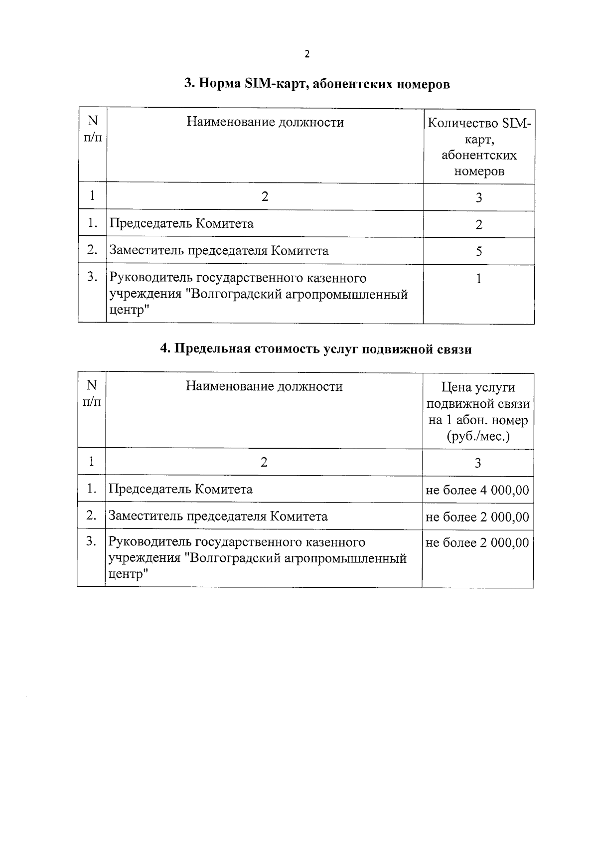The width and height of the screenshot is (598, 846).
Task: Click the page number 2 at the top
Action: pyautogui.click(x=307, y=54)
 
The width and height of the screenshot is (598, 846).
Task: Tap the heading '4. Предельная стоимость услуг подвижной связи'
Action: pyautogui.click(x=315, y=349)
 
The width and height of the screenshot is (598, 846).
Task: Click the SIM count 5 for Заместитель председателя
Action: pyautogui.click(x=478, y=251)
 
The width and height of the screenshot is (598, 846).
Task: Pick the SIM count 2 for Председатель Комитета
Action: pyautogui.click(x=478, y=224)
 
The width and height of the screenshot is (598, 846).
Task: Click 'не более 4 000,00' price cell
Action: pyautogui.click(x=477, y=490)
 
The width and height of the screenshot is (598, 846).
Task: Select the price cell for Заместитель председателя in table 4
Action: pyautogui.click(x=477, y=517)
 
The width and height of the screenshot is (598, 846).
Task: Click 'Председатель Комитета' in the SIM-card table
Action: pyautogui.click(x=181, y=223)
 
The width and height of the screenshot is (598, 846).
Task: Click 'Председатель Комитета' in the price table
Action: pyautogui.click(x=180, y=489)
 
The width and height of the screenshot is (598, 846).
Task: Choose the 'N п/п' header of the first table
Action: pyautogui.click(x=93, y=129)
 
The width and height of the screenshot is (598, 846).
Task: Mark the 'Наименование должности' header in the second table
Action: pyautogui.click(x=264, y=386)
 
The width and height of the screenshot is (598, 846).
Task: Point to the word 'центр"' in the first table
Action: pyautogui.click(x=129, y=311)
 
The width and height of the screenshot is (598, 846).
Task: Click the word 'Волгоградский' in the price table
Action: pyautogui.click(x=237, y=558)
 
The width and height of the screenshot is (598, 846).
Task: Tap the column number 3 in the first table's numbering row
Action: pyautogui.click(x=478, y=198)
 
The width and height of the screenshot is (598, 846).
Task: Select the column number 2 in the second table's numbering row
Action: pyautogui.click(x=264, y=462)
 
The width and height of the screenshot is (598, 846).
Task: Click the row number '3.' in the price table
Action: pyautogui.click(x=91, y=541)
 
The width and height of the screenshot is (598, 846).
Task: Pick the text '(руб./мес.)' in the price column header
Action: pyautogui.click(x=478, y=437)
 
